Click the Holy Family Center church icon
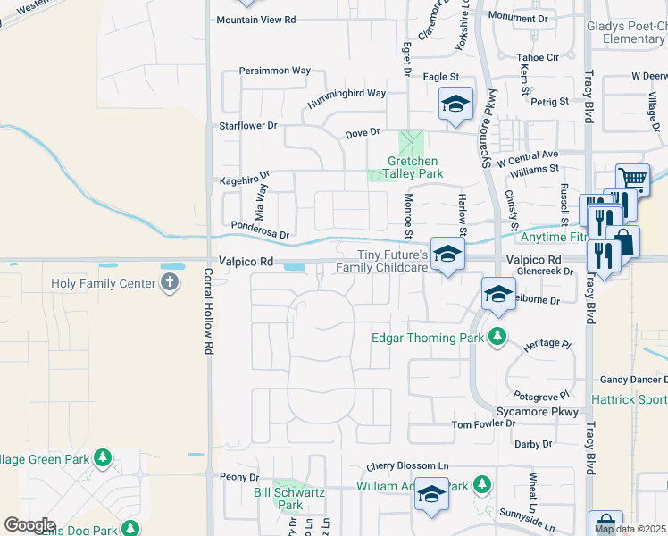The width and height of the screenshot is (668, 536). (x=170, y=284)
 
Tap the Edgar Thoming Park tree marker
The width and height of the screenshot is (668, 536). (x=497, y=338)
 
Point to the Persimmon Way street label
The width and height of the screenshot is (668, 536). (x=274, y=71)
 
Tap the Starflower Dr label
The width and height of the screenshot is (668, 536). (x=248, y=126)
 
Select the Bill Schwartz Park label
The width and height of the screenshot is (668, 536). (x=289, y=498)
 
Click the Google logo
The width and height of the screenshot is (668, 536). (x=30, y=525)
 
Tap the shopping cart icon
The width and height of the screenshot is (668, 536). (x=632, y=180)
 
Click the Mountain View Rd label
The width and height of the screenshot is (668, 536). (x=255, y=20)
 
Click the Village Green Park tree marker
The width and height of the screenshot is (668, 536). (x=103, y=458)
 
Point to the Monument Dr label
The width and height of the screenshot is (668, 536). (x=518, y=18)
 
